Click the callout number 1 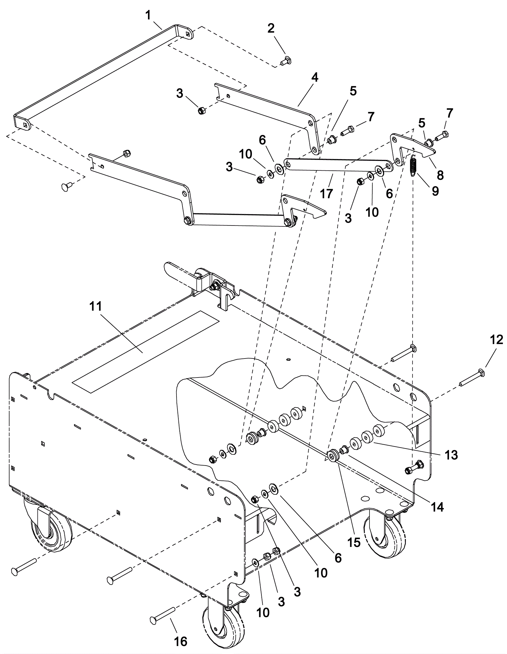click(148, 15)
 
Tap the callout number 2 click(271, 29)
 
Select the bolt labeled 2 click(286, 60)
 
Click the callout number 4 click(315, 78)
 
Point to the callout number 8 click(440, 175)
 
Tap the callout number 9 click(435, 191)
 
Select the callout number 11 click(96, 307)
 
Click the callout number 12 click(496, 340)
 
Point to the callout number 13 click(451, 455)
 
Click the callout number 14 click(438, 507)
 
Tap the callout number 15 click(354, 542)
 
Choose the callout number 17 click(326, 193)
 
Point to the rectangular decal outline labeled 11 click(146, 352)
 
